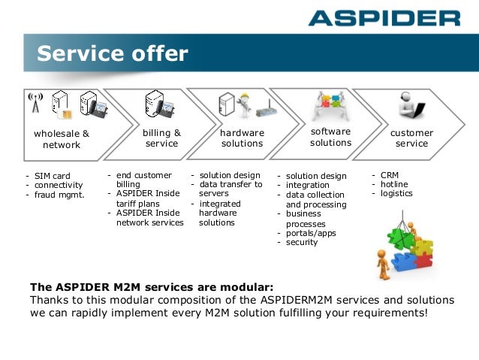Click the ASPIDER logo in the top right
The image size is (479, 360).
(384, 17)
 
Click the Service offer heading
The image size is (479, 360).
(113, 54)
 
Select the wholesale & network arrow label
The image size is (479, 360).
(61, 139)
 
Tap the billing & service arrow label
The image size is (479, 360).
(161, 138)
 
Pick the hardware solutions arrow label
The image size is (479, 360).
(242, 138)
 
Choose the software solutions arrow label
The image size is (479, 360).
(330, 137)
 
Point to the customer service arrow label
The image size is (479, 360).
(411, 138)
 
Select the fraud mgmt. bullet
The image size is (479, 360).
(59, 195)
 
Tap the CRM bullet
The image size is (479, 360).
(390, 175)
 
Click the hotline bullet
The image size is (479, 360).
(394, 184)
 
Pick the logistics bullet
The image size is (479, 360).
(396, 193)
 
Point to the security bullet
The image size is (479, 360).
(301, 242)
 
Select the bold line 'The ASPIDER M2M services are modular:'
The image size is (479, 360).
(152, 286)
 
